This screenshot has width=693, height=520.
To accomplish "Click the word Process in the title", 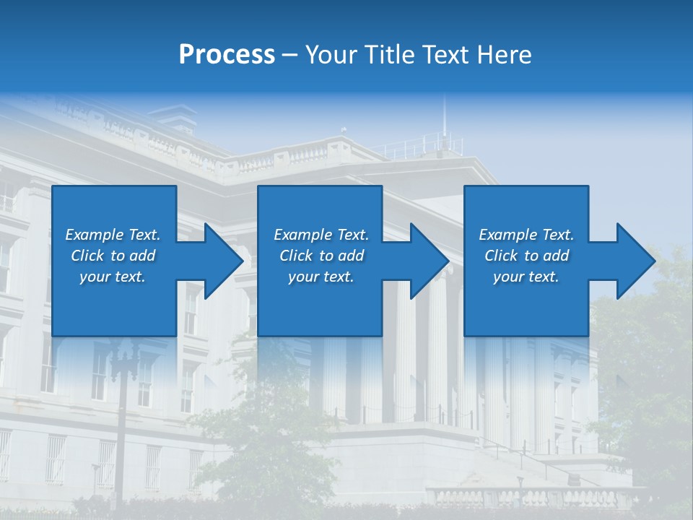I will click(227, 55).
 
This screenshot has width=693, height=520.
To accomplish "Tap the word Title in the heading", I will click(393, 55).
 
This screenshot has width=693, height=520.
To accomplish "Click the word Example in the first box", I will click(95, 234).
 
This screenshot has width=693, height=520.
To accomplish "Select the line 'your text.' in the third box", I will click(526, 277).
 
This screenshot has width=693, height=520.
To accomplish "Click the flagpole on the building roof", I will click(445, 119).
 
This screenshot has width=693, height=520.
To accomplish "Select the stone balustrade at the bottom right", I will click(527, 497).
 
